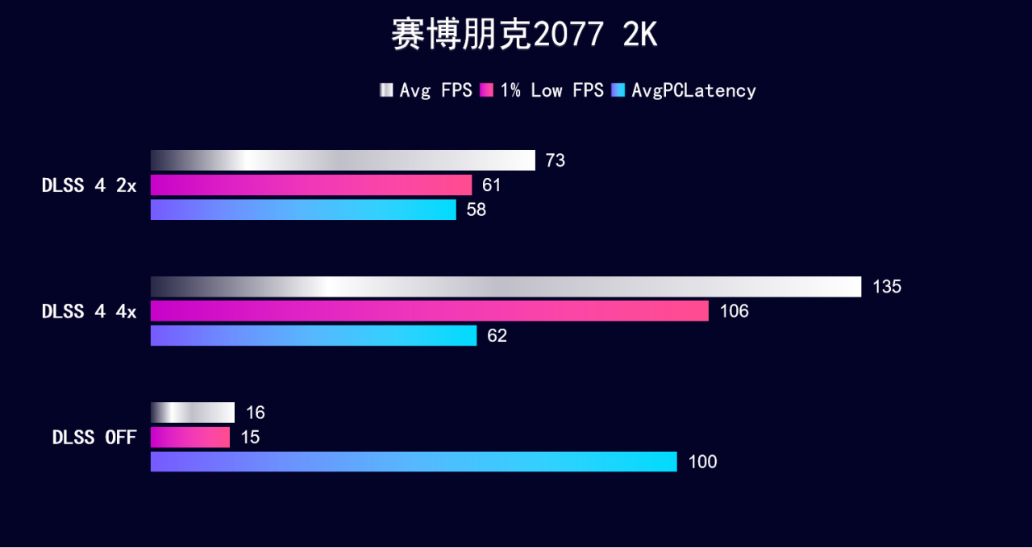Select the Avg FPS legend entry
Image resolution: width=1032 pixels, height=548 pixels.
427,90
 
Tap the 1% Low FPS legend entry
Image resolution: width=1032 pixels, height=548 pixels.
542,90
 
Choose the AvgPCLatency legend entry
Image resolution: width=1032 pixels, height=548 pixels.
685,90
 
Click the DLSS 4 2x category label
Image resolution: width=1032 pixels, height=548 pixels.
89,185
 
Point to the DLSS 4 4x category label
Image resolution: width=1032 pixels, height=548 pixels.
89,311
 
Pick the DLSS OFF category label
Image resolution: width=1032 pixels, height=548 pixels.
94,438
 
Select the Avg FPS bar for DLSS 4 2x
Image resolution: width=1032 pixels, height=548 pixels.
343,160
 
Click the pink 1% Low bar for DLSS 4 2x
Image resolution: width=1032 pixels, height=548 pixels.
311,185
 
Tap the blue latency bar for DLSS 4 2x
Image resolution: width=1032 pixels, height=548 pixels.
303,210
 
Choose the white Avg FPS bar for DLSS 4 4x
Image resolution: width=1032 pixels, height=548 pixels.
506,287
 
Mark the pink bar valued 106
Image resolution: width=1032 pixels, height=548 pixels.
430,311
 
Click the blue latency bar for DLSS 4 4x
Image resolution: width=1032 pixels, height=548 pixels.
314,336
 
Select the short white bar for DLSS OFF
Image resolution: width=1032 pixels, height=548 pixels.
193,413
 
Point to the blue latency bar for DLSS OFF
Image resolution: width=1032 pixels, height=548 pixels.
414,462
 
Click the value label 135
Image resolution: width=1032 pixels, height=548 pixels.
887,287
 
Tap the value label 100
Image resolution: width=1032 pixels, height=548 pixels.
702,463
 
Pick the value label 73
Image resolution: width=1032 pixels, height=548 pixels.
555,161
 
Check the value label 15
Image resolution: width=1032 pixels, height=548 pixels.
250,438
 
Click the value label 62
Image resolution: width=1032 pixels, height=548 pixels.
497,336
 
